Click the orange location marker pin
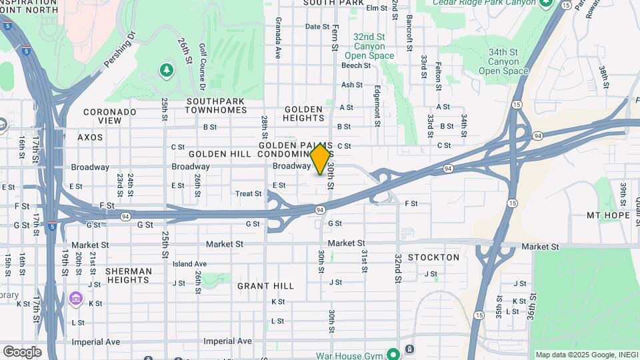click(x=321, y=159)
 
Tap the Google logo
click(x=22, y=351)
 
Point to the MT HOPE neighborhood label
click(x=609, y=215)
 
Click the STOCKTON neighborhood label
click(x=433, y=257)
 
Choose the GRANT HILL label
click(x=266, y=286)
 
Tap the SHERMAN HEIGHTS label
click(x=128, y=276)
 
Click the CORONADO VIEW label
click(x=110, y=116)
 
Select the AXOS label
click(x=91, y=137)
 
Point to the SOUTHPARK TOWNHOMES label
click(x=215, y=105)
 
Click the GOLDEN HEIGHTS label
click(x=304, y=113)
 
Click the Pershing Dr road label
click(x=120, y=49)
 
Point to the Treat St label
click(x=249, y=194)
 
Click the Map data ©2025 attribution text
click(x=586, y=355)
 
